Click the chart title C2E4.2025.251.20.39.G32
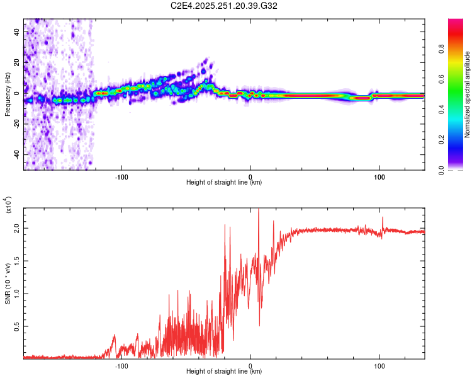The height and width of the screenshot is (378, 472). [224, 6]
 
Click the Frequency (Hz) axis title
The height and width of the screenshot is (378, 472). [8, 94]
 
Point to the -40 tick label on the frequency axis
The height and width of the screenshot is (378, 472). [17, 154]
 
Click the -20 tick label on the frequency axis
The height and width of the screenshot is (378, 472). [17, 123]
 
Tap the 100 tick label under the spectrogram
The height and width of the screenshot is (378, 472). [379, 177]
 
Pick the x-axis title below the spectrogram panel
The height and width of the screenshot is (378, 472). [224, 183]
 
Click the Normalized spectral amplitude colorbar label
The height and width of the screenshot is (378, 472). [468, 94]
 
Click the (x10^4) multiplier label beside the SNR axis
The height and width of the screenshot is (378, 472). [8, 205]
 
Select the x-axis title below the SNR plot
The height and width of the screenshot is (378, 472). [224, 371]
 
